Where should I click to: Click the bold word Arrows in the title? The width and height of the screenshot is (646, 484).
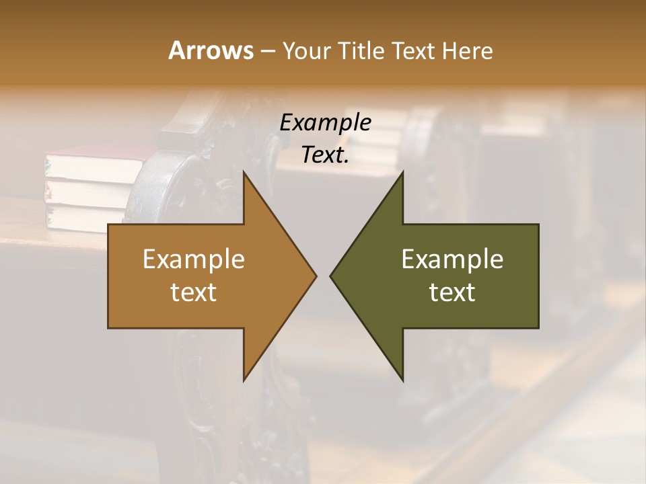(x=210, y=50)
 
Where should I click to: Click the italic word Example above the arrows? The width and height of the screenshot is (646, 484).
(x=325, y=122)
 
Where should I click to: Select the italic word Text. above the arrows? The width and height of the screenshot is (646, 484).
(x=325, y=155)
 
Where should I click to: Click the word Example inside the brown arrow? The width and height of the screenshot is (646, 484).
(x=194, y=259)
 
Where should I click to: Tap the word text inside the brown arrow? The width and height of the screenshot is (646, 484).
(x=194, y=292)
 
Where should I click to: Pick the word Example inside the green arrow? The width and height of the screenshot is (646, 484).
(x=452, y=259)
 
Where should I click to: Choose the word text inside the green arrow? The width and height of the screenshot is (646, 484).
(x=452, y=292)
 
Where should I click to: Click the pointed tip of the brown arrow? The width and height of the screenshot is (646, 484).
(x=315, y=276)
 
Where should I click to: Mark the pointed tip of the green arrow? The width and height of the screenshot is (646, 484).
(x=331, y=276)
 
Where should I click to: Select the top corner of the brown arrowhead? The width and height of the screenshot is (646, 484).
(x=244, y=173)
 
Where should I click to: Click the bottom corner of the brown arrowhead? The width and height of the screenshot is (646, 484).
(x=244, y=380)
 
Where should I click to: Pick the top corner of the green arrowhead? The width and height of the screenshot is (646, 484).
(x=402, y=173)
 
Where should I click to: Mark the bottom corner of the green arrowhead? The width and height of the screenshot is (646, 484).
(x=402, y=380)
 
